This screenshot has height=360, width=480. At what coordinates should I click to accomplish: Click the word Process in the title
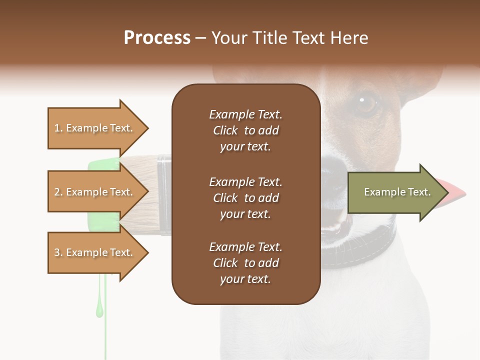[x=157, y=38]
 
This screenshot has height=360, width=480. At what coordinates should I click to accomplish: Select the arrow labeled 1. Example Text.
[x=95, y=128]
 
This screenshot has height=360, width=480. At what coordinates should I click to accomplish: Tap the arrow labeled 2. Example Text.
[x=95, y=192]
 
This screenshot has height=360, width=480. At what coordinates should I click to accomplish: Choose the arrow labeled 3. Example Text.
[x=95, y=252]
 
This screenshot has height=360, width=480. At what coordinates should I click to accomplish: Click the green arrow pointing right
[x=390, y=192]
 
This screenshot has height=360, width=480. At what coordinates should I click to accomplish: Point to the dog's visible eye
[x=367, y=103]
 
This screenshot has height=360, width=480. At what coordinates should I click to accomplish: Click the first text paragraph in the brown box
[x=245, y=130]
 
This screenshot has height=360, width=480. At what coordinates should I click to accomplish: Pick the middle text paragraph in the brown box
[x=245, y=198]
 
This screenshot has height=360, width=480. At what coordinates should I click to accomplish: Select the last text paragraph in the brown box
[x=245, y=263]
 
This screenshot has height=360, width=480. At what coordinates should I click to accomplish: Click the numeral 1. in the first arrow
[x=58, y=128]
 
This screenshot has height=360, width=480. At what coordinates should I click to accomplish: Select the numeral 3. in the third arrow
[x=58, y=252]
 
